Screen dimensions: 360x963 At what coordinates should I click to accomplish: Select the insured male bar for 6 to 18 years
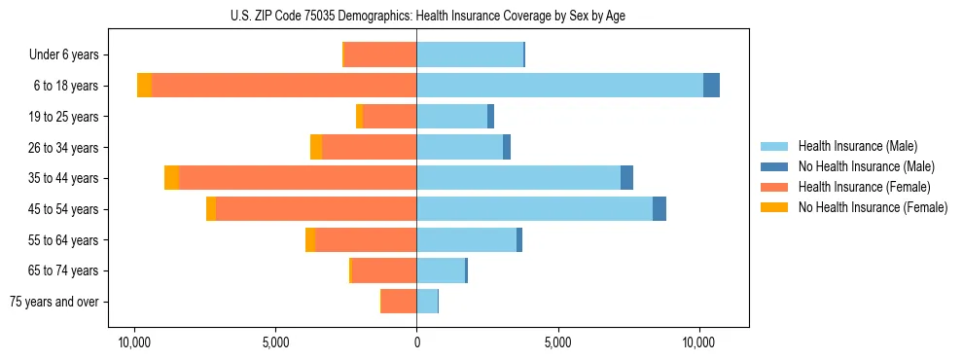559,86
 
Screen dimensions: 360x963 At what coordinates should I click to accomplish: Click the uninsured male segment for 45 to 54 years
660,209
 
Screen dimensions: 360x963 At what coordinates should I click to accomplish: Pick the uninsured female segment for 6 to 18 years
144,86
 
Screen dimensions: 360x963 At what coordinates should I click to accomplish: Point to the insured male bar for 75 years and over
427,302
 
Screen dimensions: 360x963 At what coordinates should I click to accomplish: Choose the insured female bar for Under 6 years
380,54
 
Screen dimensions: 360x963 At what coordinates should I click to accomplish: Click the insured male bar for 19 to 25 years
451,117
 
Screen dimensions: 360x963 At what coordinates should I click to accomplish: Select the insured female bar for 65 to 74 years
384,270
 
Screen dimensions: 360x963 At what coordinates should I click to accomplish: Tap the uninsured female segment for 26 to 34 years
316,147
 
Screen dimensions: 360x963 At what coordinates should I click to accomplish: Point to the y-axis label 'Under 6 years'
63,54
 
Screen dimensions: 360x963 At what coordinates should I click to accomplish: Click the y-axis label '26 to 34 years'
63,147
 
